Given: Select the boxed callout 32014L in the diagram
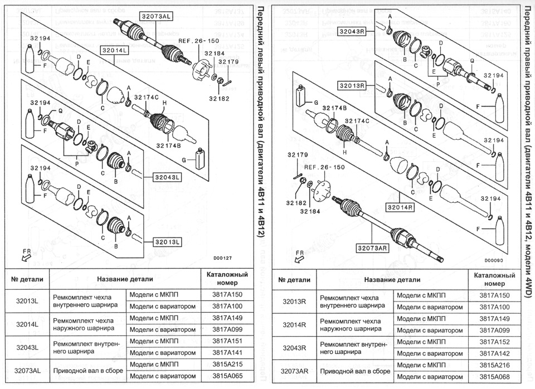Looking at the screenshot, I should [114, 50].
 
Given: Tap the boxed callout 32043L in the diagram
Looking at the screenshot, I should [167, 177].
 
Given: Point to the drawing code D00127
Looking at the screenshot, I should [222, 258].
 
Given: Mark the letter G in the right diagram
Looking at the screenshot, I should [317, 103].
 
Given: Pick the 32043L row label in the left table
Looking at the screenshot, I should [27, 347].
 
